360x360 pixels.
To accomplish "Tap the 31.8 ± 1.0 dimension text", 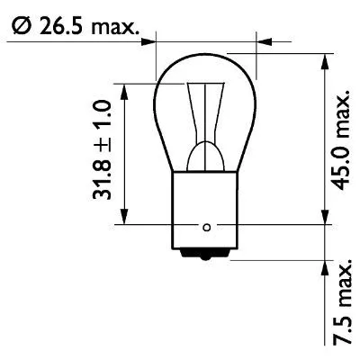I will pos(104,150).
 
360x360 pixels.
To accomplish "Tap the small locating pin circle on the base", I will pos(207,226).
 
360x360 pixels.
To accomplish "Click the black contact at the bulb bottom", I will pos(208,255).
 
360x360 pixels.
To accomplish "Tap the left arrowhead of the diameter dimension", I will pos(150,40).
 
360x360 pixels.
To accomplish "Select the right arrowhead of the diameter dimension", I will pos(262,40).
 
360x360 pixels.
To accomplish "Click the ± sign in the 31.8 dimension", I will pos(104,144).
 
